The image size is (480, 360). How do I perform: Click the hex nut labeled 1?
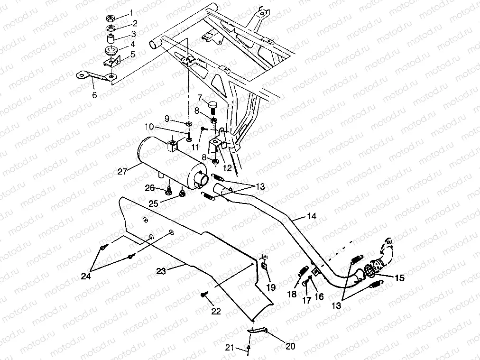click(108, 19)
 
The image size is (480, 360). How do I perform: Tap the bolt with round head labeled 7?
click(211, 102)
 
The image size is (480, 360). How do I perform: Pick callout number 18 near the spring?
click(292, 294)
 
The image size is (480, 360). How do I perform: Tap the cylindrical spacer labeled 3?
click(111, 37)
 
